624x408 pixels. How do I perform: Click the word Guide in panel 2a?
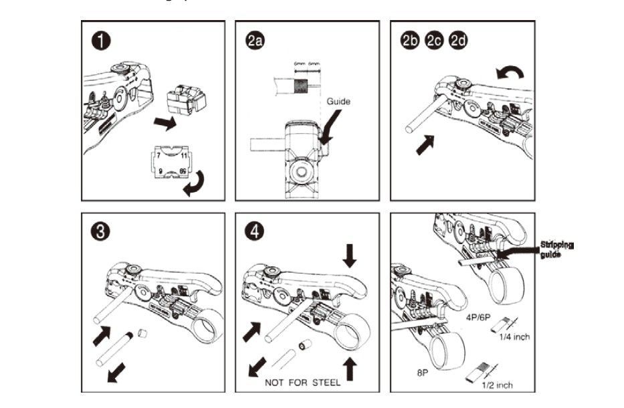(x=338, y=102)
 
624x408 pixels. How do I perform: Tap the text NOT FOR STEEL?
(x=303, y=383)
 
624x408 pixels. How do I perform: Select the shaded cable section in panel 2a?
(x=300, y=86)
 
